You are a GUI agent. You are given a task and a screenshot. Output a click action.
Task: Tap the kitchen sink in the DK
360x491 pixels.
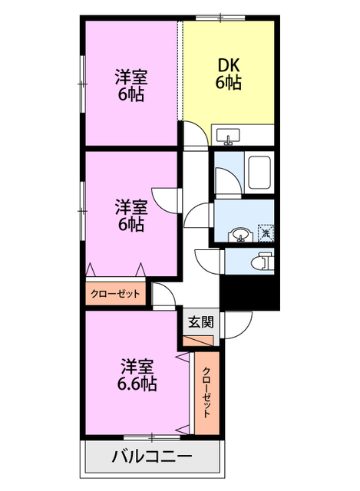point(228,137)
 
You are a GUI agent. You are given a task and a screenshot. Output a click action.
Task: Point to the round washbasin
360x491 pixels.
point(241,233)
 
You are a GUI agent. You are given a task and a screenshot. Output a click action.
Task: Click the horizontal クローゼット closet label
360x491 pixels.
point(116,294)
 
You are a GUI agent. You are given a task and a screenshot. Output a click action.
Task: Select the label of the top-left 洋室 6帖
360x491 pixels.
point(130,85)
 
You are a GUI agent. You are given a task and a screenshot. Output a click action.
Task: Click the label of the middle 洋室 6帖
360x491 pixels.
point(130,216)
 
